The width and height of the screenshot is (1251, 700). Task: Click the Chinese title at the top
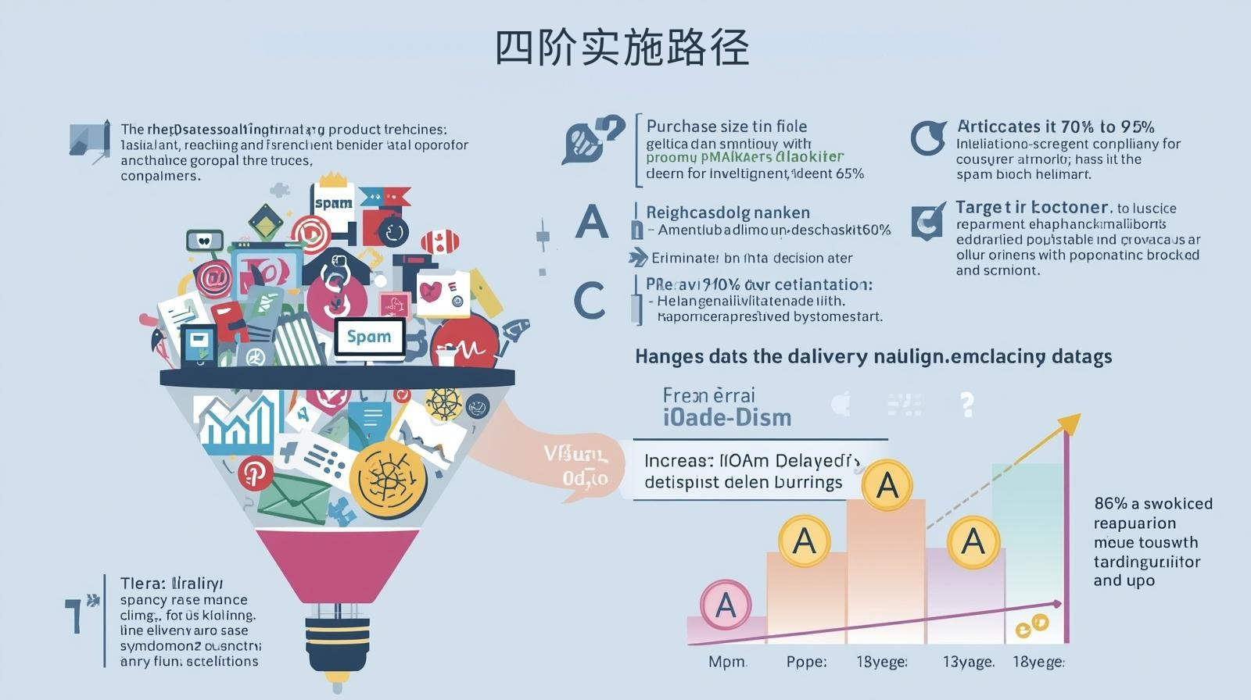coord(622,48)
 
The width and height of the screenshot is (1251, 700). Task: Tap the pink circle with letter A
coord(726,605)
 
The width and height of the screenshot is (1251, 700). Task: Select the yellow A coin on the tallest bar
coord(887,485)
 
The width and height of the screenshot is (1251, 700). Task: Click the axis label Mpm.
coord(727,662)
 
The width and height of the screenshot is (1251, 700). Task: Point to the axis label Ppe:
coord(806,662)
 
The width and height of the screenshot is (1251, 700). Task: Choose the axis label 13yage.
coord(968,662)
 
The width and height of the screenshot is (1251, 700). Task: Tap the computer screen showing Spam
coord(369,337)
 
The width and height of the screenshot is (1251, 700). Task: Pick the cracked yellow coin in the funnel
coord(388,478)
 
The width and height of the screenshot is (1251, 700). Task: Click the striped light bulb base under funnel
coord(336,641)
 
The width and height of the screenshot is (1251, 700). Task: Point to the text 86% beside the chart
coord(1110,504)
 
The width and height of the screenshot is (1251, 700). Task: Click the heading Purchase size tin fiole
coord(726,127)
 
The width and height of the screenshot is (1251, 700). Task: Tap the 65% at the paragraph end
coord(849,173)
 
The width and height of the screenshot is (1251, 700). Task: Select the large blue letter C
coord(590,301)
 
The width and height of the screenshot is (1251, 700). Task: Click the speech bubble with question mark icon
coord(593,139)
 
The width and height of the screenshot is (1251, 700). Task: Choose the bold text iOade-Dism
coord(727,418)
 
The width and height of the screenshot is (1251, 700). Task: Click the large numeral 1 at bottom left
coord(76,616)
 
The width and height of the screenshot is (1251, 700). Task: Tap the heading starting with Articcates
coord(1056,127)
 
